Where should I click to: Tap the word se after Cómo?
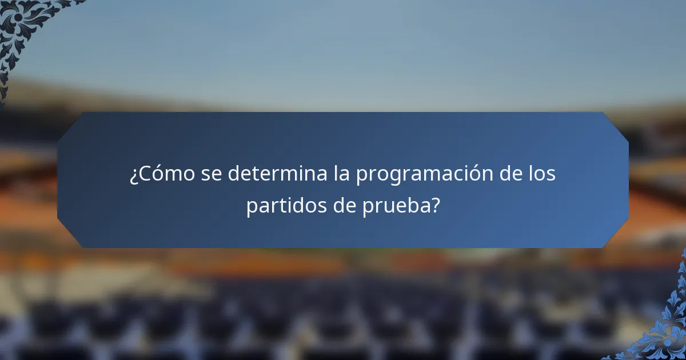[212, 174]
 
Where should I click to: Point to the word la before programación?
[341, 174]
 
